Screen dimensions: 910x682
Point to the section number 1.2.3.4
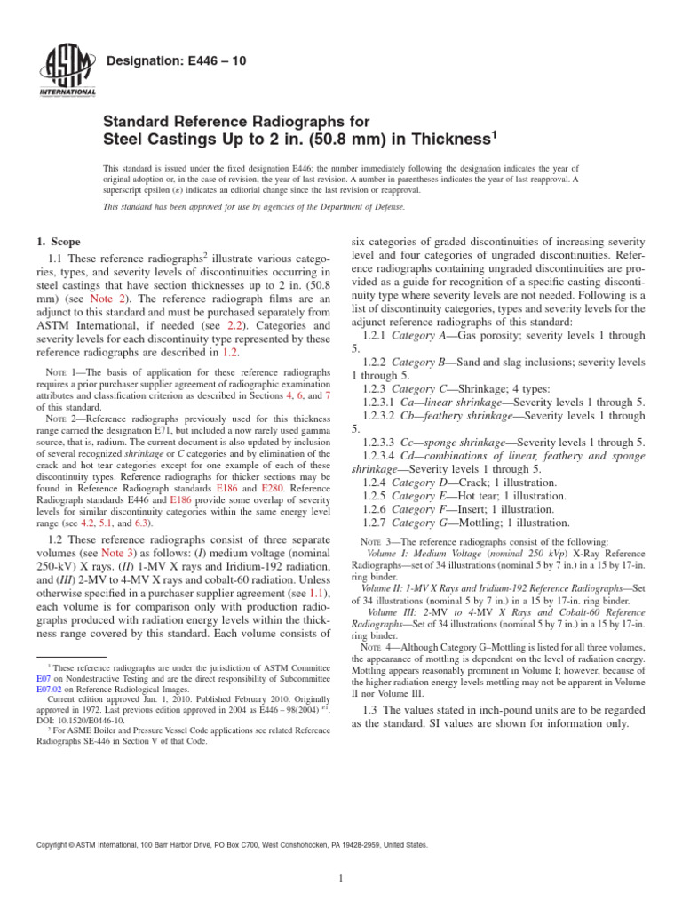coord(384,455)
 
